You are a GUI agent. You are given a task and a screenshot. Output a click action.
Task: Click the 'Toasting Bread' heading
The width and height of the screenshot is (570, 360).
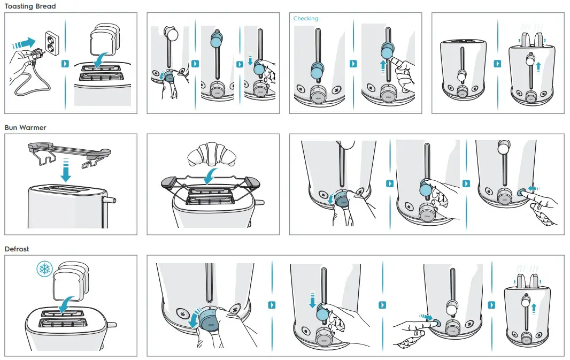30,6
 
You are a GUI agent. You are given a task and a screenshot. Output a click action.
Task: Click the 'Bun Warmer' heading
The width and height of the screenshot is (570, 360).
25,128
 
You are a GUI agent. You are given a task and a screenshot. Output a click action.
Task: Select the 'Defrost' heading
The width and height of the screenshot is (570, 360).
17,249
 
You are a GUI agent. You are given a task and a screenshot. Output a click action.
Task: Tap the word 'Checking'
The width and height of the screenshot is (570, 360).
306,19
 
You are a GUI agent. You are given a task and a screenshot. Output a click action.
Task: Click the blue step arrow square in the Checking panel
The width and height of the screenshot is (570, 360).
353,64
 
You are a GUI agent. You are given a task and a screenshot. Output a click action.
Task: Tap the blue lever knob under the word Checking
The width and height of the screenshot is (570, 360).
318,70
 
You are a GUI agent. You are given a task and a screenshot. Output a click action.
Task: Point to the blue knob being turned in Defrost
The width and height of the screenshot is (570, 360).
210,321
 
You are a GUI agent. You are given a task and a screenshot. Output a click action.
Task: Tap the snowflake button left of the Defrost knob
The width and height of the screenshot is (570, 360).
185,313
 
